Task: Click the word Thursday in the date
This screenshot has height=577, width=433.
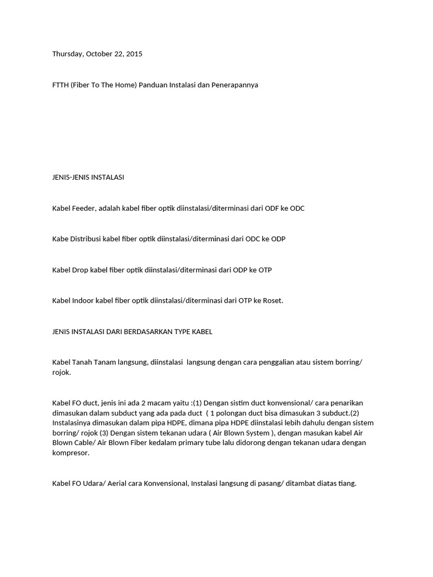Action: pyautogui.click(x=67, y=54)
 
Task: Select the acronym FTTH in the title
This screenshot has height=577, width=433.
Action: pyautogui.click(x=61, y=85)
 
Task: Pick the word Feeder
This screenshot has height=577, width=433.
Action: pyautogui.click(x=83, y=208)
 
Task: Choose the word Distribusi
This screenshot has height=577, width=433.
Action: pyautogui.click(x=85, y=239)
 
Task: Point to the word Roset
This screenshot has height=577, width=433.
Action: pyautogui.click(x=272, y=300)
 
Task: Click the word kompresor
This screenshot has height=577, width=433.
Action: pyautogui.click(x=70, y=453)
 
